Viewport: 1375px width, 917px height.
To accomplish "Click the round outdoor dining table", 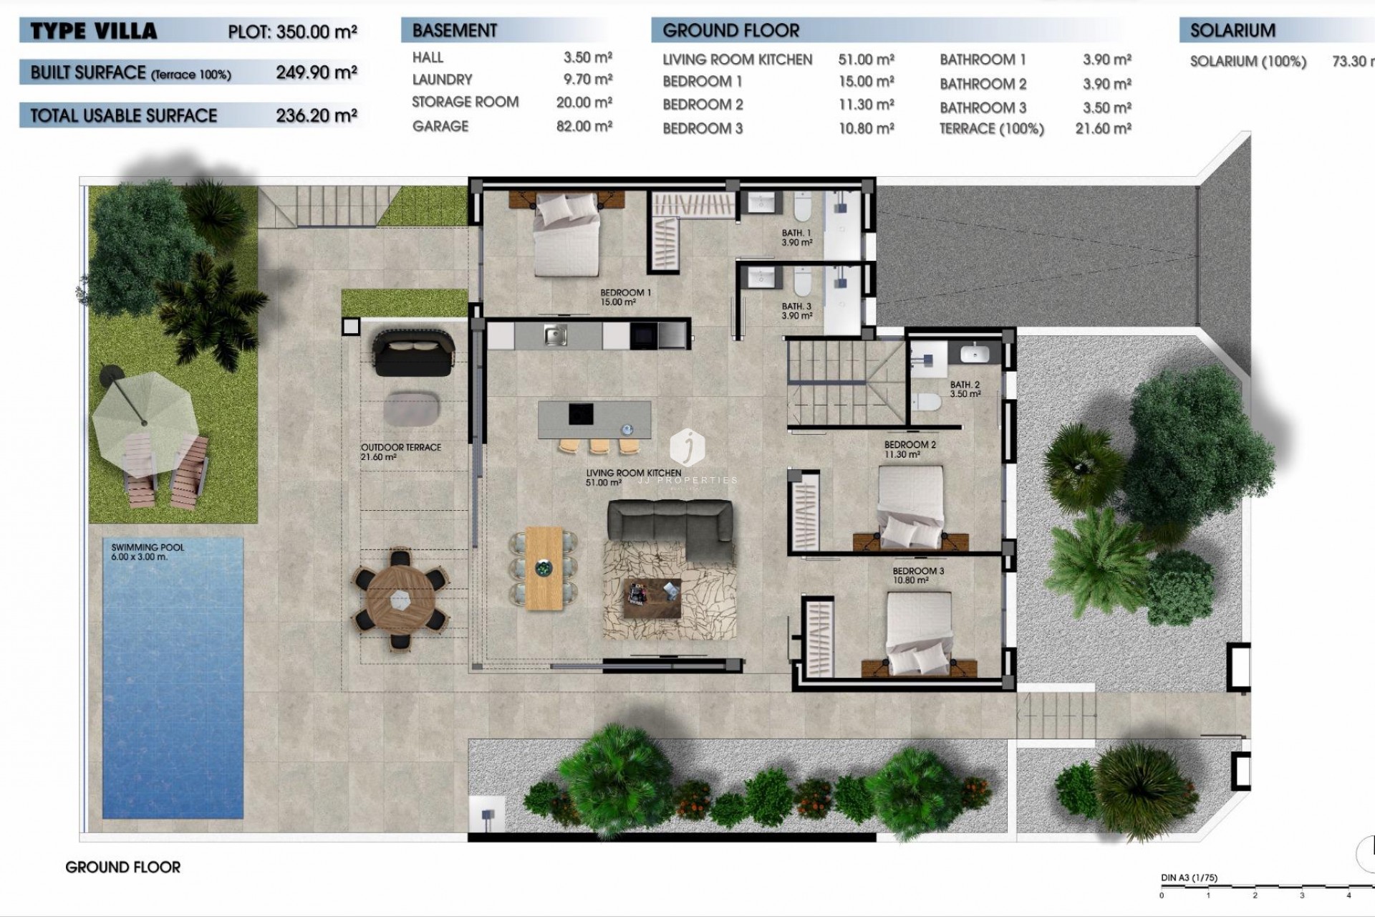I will pyautogui.click(x=400, y=599).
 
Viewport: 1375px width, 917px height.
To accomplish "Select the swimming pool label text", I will pyautogui.click(x=148, y=552).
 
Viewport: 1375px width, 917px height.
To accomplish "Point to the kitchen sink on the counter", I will pyautogui.click(x=555, y=335).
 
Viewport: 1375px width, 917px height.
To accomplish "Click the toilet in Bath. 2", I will pyautogui.click(x=927, y=403).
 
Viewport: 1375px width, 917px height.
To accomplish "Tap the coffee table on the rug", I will pyautogui.click(x=652, y=596).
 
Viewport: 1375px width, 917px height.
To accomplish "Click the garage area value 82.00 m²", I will pyautogui.click(x=584, y=126).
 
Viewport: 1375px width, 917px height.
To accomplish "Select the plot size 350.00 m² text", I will pyautogui.click(x=292, y=32).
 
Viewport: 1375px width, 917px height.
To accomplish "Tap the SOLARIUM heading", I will pyautogui.click(x=1232, y=31).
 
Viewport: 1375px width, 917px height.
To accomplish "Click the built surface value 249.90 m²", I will pyautogui.click(x=316, y=72).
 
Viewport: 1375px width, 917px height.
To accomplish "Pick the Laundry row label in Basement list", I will pyautogui.click(x=442, y=80).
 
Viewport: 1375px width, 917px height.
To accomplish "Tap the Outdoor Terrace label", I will pyautogui.click(x=400, y=451).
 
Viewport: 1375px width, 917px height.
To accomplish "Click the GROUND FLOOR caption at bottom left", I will pyautogui.click(x=122, y=867).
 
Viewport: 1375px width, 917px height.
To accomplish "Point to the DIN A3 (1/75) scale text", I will pyautogui.click(x=1189, y=878).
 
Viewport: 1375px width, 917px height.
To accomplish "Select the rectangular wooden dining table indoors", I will pyautogui.click(x=544, y=568).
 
